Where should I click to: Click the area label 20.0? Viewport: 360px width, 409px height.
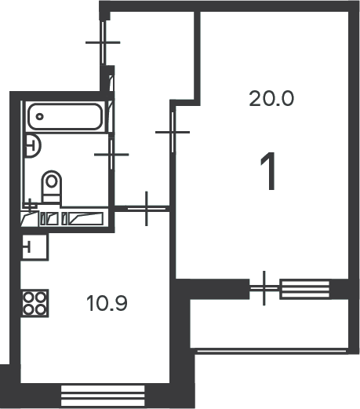pyautogui.click(x=271, y=98)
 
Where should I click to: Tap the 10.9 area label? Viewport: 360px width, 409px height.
pyautogui.click(x=107, y=303)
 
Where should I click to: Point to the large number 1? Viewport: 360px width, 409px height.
pyautogui.click(x=269, y=171)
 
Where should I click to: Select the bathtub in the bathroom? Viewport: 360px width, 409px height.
pyautogui.click(x=64, y=116)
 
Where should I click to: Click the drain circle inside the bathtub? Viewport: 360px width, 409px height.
pyautogui.click(x=39, y=116)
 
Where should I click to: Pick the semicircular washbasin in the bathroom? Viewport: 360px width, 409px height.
pyautogui.click(x=34, y=145)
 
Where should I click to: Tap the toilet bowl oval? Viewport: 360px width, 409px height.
pyautogui.click(x=52, y=182)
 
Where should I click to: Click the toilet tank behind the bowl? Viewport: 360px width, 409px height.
pyautogui.click(x=52, y=198)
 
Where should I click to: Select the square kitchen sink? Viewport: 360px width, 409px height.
pyautogui.click(x=35, y=246)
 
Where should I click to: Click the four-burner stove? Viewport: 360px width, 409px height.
pyautogui.click(x=35, y=303)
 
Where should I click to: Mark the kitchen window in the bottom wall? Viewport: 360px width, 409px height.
pyautogui.click(x=103, y=396)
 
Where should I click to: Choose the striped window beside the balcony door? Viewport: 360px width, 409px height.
pyautogui.click(x=304, y=289)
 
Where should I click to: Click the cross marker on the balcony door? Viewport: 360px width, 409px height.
pyautogui.click(x=264, y=288)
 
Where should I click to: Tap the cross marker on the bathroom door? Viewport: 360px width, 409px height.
pyautogui.click(x=111, y=155)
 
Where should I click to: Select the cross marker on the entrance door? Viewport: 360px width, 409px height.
pyautogui.click(x=103, y=42)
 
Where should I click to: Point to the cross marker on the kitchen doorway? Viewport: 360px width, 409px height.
pyautogui.click(x=147, y=209)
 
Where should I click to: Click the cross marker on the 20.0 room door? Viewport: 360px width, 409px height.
pyautogui.click(x=173, y=132)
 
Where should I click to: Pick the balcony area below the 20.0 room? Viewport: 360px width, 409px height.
pyautogui.click(x=269, y=323)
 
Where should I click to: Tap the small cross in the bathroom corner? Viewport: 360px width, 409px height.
pyautogui.click(x=31, y=205)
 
